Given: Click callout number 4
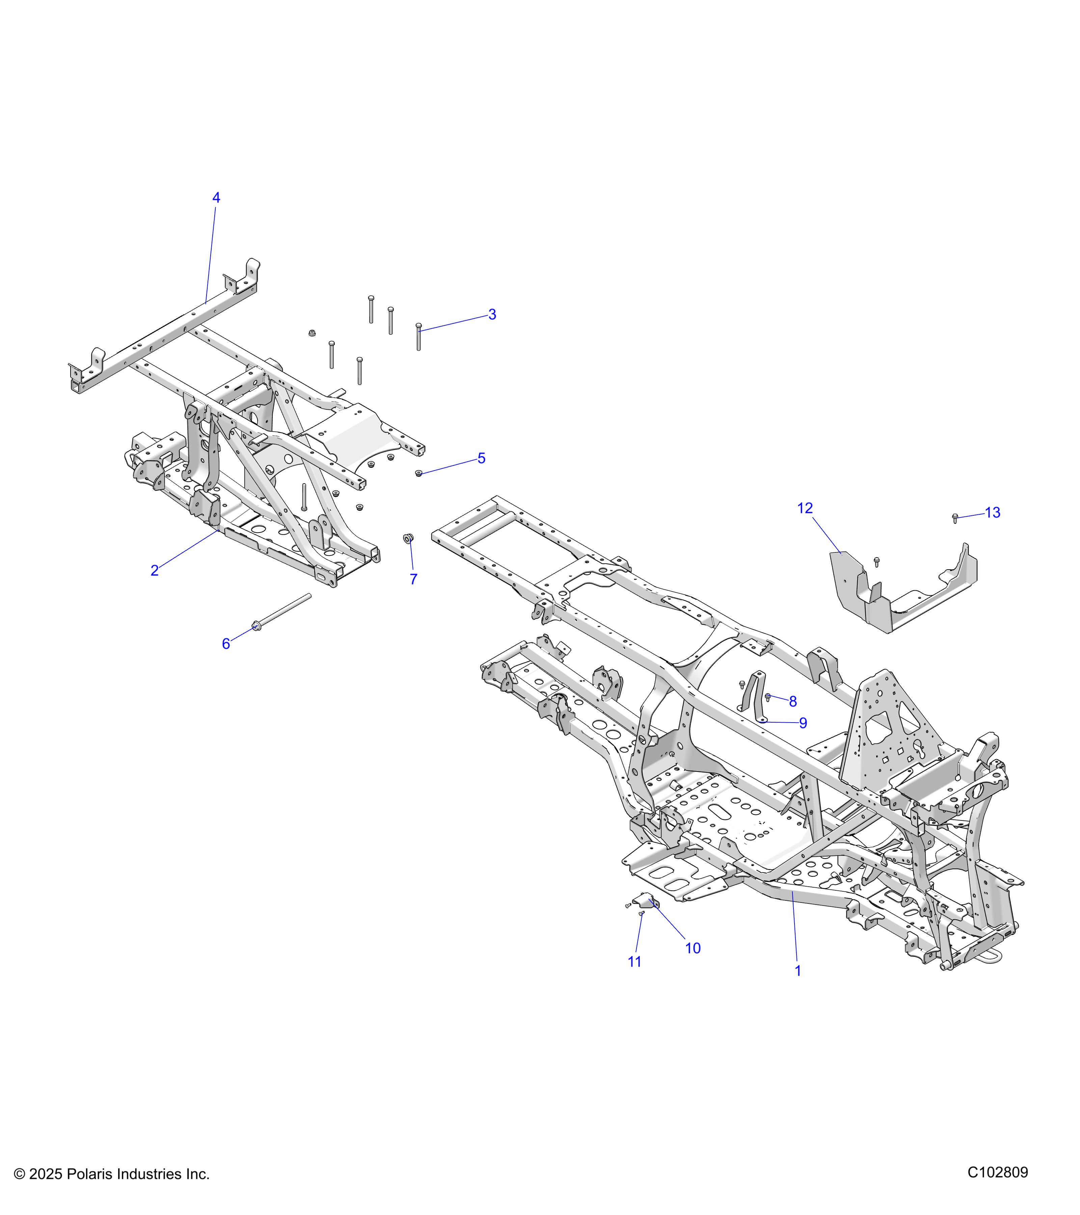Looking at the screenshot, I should (216, 198).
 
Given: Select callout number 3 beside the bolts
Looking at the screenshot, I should (492, 315).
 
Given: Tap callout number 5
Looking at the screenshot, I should (482, 458).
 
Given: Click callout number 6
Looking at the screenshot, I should (226, 644).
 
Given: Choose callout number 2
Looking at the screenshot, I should (155, 571).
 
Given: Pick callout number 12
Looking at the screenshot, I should (805, 508).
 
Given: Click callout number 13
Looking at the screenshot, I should (993, 512).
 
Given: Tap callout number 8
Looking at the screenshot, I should (793, 701).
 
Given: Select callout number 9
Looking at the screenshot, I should (803, 723).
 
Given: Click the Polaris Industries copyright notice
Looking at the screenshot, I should (112, 1174).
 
